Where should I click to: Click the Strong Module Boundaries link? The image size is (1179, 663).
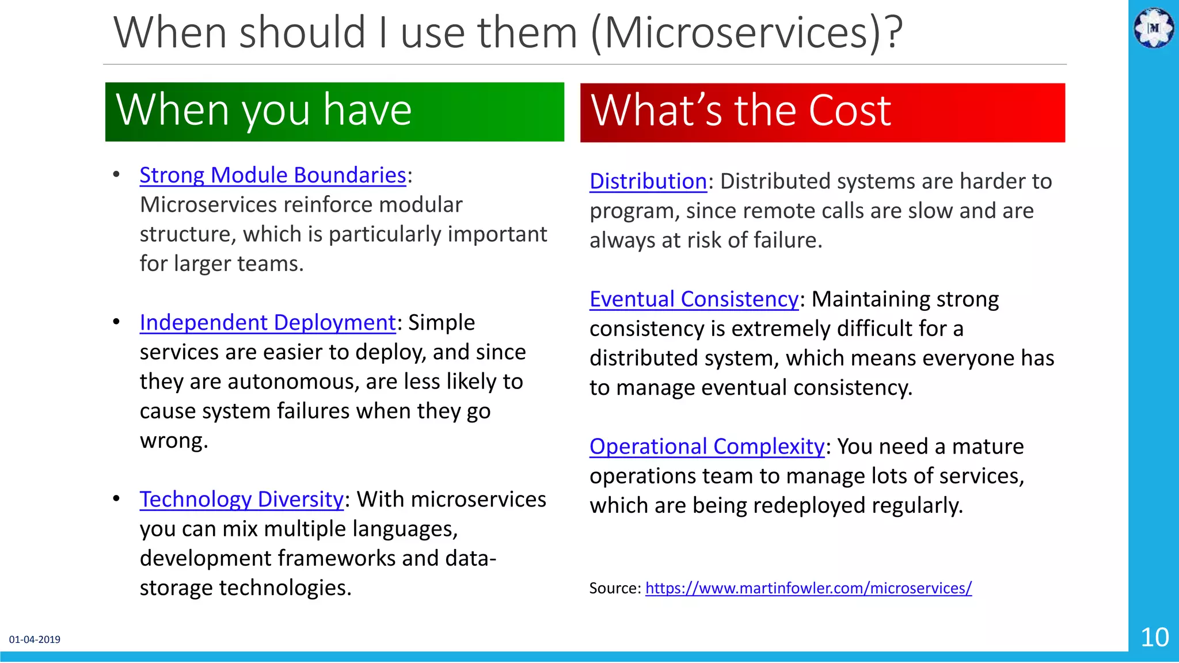click(x=273, y=176)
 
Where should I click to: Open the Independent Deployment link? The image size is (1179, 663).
click(x=267, y=323)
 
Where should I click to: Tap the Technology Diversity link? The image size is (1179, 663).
click(x=241, y=500)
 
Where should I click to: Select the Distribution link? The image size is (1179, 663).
click(x=648, y=182)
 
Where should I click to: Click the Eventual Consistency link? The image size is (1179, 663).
click(x=694, y=300)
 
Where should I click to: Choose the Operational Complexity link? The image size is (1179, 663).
click(x=706, y=447)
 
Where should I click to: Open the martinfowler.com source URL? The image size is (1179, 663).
click(x=808, y=588)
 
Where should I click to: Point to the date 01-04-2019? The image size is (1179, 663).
click(x=35, y=639)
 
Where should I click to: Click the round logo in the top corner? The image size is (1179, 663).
click(x=1154, y=28)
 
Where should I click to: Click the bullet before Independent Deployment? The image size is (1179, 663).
click(x=116, y=322)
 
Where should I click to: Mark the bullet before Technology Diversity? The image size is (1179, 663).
click(x=116, y=498)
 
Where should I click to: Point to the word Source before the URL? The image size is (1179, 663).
click(x=614, y=588)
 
